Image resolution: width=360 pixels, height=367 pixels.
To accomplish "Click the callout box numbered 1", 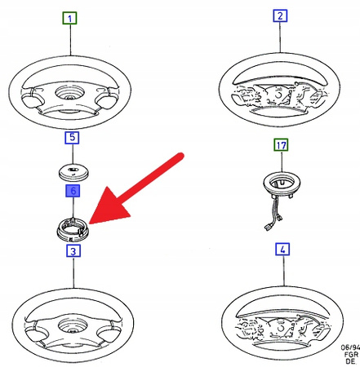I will [71, 18].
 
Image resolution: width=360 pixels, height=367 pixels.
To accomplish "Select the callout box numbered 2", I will [280, 17].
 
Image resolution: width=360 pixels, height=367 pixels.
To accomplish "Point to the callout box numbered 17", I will [280, 147].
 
